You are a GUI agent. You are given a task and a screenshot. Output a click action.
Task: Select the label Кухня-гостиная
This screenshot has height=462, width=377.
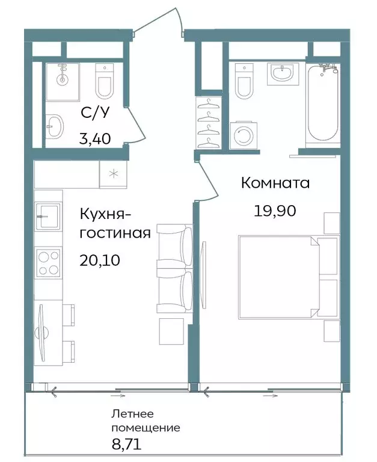click(x=114, y=223)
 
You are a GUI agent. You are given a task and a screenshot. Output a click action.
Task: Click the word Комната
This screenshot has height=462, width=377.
click(x=275, y=183)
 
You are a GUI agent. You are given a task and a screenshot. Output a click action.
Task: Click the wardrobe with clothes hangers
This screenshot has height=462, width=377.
click(x=208, y=123)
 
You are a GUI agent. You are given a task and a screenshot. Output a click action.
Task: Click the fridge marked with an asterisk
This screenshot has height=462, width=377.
click(x=112, y=174)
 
